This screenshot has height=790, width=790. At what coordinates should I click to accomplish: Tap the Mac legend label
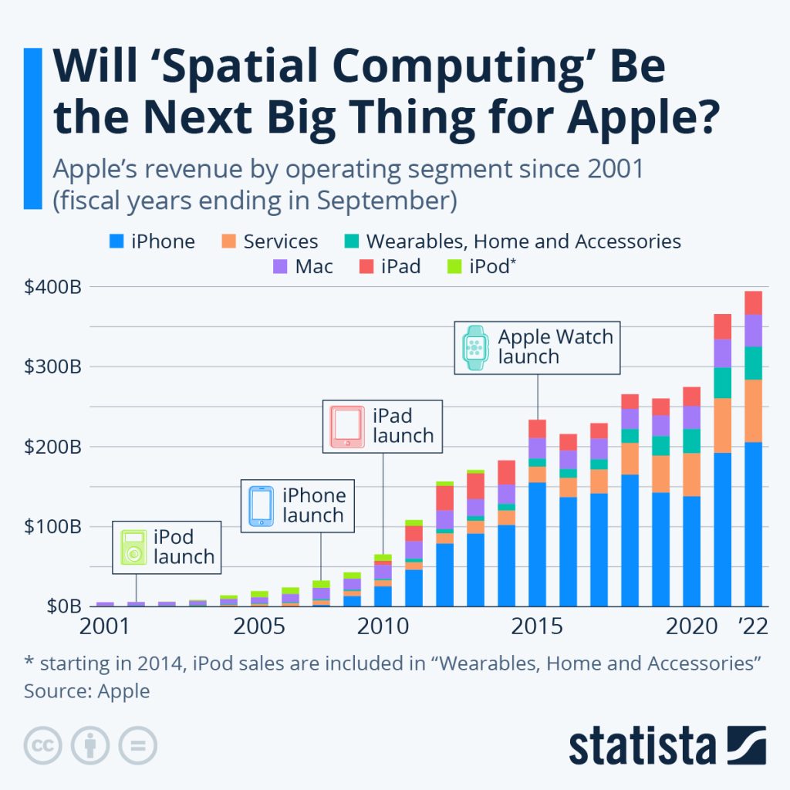(313, 268)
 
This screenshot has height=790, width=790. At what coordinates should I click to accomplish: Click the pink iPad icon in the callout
(347, 427)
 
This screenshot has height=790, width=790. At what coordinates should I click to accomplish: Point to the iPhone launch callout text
(313, 505)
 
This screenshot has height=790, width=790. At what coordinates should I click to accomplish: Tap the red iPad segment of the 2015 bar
(537, 428)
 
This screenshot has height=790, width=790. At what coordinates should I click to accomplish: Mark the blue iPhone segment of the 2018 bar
(630, 540)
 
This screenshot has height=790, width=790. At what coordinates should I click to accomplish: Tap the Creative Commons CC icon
(43, 746)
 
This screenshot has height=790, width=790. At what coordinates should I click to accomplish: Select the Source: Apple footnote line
(86, 690)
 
